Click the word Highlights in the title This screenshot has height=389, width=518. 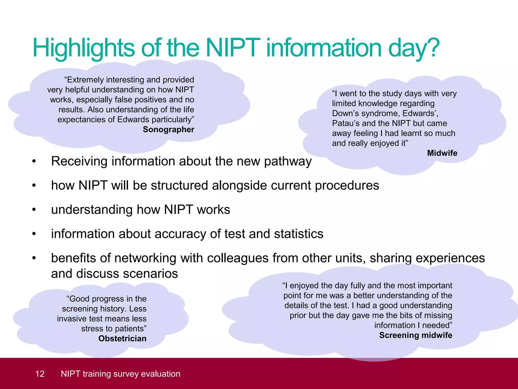click(84, 48)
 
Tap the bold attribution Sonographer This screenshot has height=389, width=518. click(168, 129)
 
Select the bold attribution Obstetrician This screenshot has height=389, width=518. click(122, 338)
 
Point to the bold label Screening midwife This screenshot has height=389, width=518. click(416, 335)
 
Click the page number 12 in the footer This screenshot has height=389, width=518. click(40, 374)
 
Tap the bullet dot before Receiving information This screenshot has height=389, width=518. click(34, 161)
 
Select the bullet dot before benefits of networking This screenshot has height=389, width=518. click(34, 258)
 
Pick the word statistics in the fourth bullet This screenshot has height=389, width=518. click(298, 234)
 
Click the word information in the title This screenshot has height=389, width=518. click(324, 48)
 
